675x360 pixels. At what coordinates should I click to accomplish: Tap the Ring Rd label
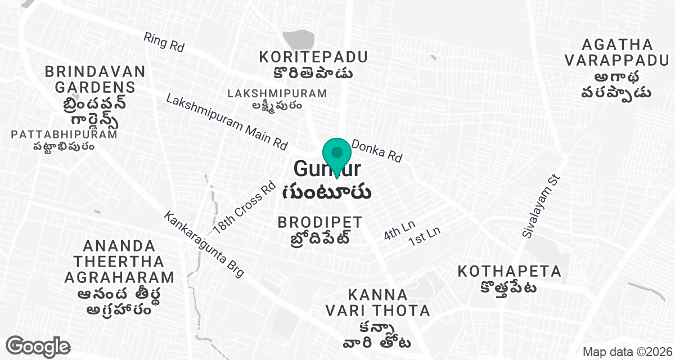click(x=164, y=42)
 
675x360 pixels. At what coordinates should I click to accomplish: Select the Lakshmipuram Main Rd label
click(x=227, y=121)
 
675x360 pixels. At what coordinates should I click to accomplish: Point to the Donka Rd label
click(x=376, y=151)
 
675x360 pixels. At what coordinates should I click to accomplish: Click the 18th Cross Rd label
click(x=244, y=206)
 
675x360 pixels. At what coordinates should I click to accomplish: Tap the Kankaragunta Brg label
click(x=204, y=244)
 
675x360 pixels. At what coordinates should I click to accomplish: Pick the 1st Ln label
click(x=424, y=235)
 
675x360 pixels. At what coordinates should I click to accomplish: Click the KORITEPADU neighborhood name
click(x=313, y=57)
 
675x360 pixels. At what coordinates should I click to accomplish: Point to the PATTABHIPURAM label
click(x=64, y=134)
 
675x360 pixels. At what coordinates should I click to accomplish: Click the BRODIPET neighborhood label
click(x=320, y=222)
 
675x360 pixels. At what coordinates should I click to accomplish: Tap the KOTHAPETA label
click(x=509, y=272)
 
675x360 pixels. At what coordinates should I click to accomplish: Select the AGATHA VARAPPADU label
click(x=617, y=52)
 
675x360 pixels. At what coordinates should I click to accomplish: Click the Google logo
click(x=38, y=346)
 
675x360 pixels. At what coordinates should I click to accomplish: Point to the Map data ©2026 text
click(x=625, y=352)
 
